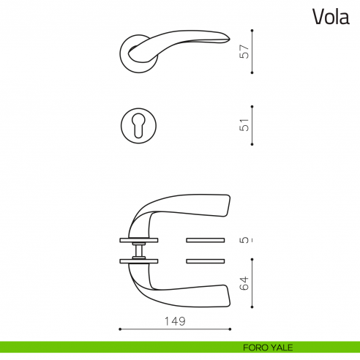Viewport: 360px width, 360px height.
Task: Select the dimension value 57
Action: (x=245, y=51)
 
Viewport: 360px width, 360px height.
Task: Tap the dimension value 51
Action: (x=245, y=124)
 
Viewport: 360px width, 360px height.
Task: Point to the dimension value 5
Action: (x=245, y=239)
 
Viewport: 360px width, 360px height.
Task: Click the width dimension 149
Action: (x=175, y=320)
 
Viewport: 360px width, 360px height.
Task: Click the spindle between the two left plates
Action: (x=137, y=250)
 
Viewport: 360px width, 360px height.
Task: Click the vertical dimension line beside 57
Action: (x=252, y=51)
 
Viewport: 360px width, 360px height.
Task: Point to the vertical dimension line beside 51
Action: (x=252, y=124)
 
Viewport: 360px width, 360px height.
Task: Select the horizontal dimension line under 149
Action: (x=175, y=329)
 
